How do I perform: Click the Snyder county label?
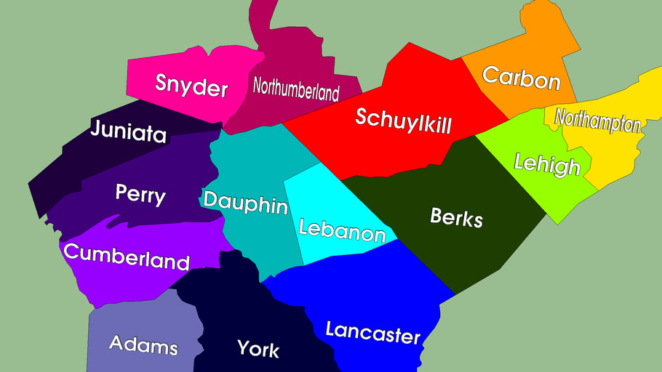pos(191,86)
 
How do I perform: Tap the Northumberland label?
pos(296,89)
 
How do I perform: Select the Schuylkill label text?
pos(403,121)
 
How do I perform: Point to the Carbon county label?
pos(521,78)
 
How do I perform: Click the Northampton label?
pos(597,121)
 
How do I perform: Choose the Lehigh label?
pos(547,164)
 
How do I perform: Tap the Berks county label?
pos(456,217)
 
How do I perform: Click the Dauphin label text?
pos(245,203)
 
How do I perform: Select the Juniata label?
pos(128,132)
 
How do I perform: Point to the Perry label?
pos(140,194)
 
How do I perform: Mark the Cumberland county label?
pos(127,256)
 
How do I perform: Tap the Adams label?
pos(143,344)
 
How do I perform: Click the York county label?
pos(258,349)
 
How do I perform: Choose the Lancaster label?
pos(372,333)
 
